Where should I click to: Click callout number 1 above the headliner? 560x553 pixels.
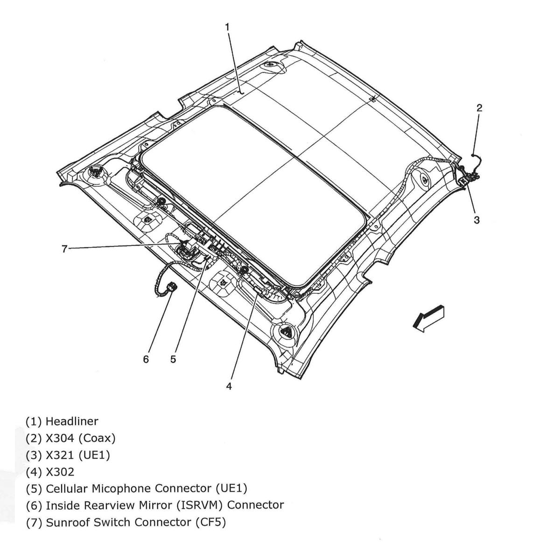click(227, 27)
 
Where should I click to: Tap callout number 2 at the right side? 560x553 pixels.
click(479, 108)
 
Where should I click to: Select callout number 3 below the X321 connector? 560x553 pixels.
click(476, 220)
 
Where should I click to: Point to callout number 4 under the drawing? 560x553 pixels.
click(229, 386)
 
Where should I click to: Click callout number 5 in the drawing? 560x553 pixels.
click(173, 359)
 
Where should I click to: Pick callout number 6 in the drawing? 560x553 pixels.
click(146, 359)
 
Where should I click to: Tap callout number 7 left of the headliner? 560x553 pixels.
click(65, 249)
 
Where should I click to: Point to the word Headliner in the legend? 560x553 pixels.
click(72, 421)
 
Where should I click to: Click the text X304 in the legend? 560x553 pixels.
click(59, 438)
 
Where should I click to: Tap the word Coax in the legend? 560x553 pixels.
click(95, 438)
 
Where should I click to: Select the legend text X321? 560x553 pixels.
click(59, 455)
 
